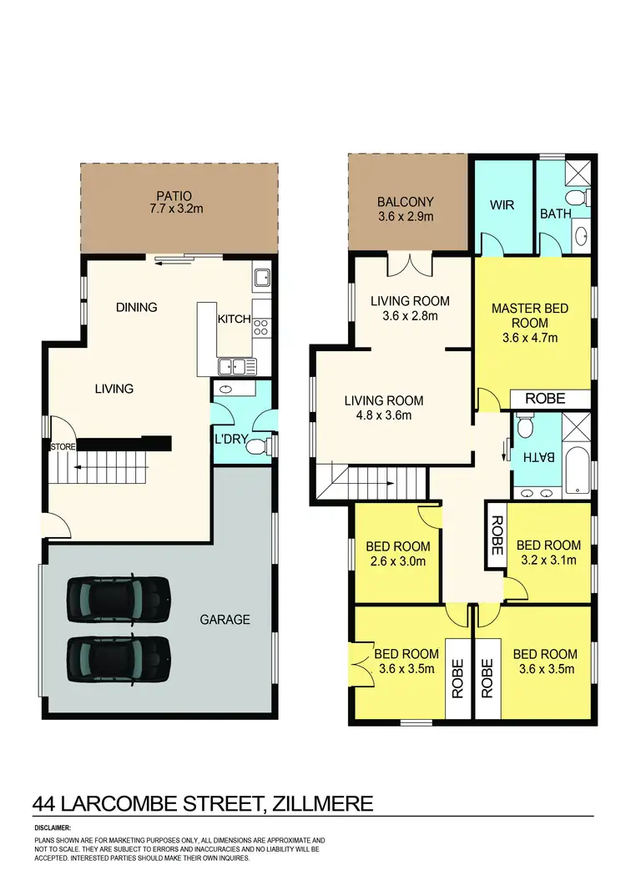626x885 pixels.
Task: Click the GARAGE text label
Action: click(225, 620)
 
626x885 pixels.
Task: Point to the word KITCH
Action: click(234, 319)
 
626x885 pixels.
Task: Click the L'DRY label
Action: click(230, 440)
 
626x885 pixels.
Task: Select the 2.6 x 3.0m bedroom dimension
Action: click(398, 561)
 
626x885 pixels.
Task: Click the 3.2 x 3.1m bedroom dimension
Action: click(548, 561)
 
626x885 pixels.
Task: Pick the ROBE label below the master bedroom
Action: click(545, 399)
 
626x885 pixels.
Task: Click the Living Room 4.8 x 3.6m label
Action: click(383, 408)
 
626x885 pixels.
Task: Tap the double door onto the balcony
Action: click(409, 265)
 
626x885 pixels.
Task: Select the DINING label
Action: click(136, 307)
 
